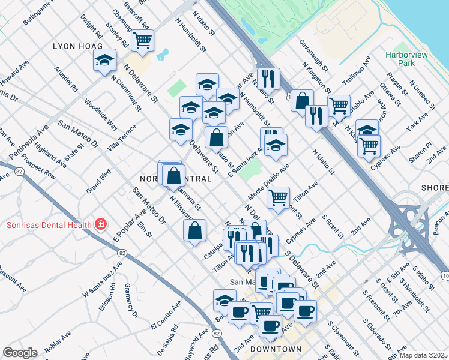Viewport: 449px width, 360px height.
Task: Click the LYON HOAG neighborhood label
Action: (x=76, y=46)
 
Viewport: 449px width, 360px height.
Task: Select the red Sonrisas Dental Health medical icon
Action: (x=101, y=225)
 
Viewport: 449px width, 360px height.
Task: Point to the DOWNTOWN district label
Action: (x=276, y=349)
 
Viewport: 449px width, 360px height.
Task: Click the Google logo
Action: (x=20, y=353)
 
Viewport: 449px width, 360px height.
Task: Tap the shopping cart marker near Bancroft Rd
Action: (x=143, y=41)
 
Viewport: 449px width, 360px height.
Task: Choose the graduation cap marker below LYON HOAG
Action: (x=104, y=60)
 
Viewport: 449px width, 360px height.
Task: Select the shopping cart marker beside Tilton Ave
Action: (x=278, y=197)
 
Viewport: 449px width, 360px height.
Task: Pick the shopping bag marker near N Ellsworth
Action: (x=195, y=230)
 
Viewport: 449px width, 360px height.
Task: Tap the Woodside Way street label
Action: (x=100, y=114)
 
